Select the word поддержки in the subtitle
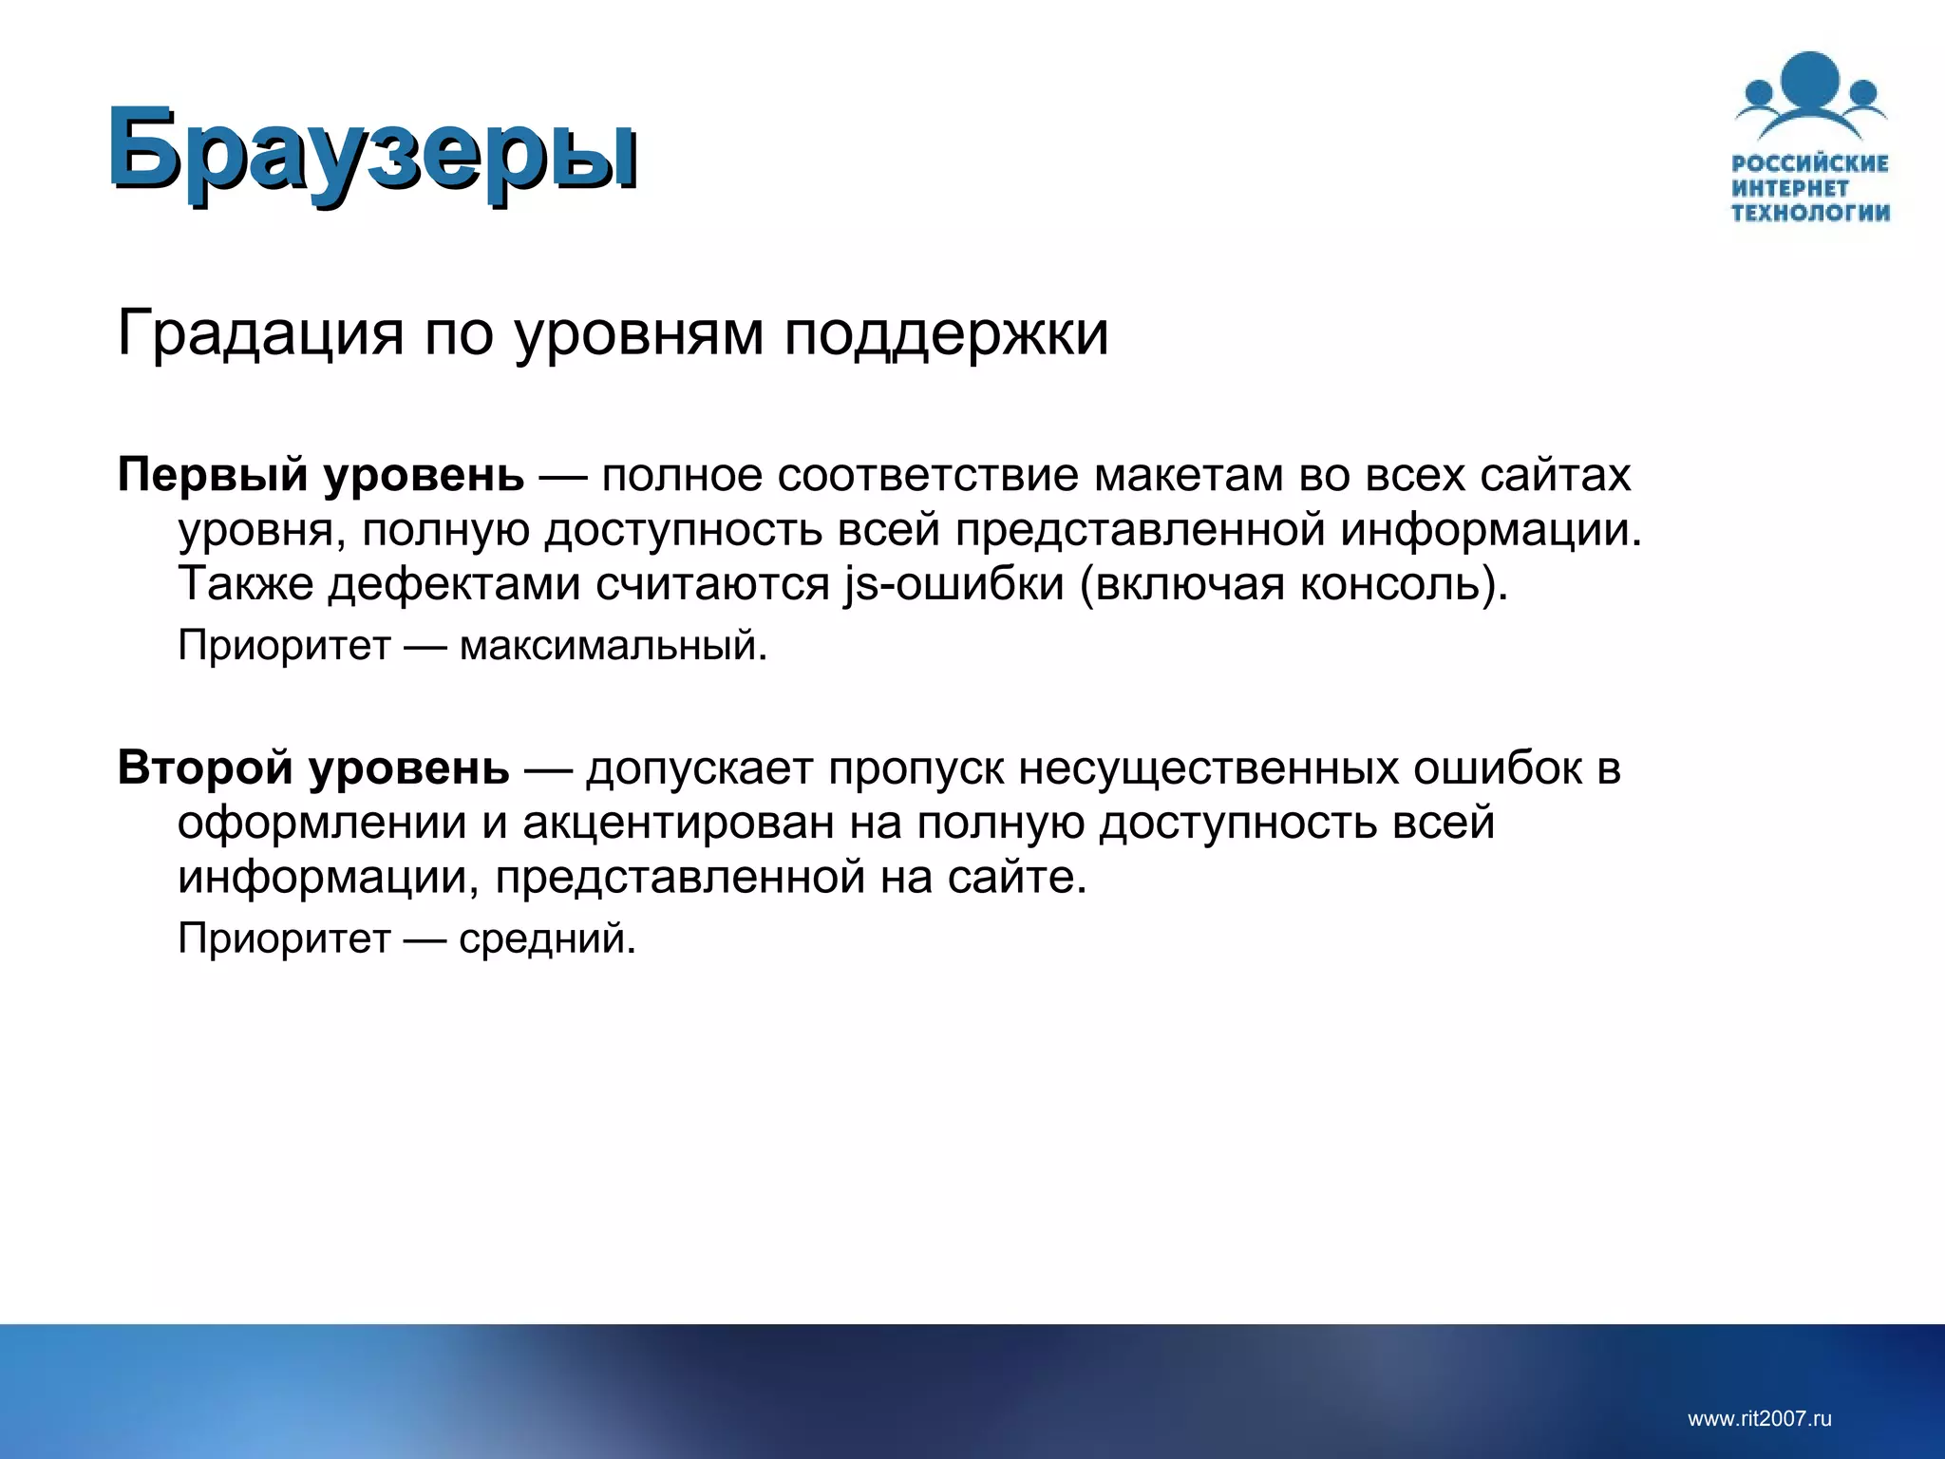946,334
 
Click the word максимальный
611,646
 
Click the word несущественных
1209,767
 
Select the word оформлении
322,823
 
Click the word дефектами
454,583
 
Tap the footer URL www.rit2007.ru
1759,1419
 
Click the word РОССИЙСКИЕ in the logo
1810,163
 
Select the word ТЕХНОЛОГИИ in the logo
1810,212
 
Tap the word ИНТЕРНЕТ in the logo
1790,188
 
